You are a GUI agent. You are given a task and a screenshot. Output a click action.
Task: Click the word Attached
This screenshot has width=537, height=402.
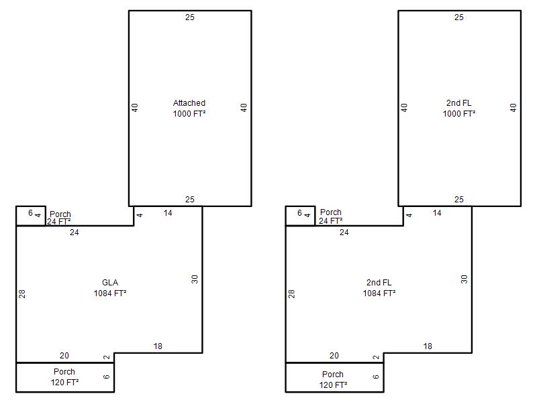189,103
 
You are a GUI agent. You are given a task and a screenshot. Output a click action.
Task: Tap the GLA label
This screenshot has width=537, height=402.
110,283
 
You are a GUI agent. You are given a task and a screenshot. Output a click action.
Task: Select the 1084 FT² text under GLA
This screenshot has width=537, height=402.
110,293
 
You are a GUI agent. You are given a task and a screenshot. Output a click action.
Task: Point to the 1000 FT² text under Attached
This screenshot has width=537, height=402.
189,113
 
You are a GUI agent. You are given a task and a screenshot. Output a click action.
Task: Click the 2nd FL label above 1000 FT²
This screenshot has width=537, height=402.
459,103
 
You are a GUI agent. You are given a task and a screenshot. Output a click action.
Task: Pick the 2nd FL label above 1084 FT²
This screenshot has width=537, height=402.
379,283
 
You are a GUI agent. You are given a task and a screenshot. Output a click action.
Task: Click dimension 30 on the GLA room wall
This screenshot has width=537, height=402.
195,279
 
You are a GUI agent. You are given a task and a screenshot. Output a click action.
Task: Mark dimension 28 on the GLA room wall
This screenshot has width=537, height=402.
22,293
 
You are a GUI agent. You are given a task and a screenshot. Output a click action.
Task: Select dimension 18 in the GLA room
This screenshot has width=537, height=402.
158,346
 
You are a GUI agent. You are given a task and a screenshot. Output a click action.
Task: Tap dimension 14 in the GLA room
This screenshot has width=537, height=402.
168,213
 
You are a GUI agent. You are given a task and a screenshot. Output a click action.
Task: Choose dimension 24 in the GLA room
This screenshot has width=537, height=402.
75,232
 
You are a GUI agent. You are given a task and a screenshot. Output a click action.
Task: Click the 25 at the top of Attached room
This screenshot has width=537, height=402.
190,17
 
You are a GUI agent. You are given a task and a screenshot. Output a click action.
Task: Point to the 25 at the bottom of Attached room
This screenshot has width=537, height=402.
190,199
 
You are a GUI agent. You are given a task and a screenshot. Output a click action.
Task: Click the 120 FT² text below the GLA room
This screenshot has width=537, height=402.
64,382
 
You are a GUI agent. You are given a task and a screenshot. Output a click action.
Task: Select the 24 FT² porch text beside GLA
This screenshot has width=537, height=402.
58,222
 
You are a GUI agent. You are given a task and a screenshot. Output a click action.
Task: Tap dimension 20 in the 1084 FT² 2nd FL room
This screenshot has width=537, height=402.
334,356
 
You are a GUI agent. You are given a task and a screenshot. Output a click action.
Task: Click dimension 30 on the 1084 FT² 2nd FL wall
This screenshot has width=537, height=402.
464,279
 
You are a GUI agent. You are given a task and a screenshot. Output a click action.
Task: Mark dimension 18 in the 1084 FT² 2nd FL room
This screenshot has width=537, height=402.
428,346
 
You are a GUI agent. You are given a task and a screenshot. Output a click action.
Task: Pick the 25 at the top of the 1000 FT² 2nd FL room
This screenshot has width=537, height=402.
459,17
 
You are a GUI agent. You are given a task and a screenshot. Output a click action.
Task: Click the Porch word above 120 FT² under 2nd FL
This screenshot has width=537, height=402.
333,375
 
